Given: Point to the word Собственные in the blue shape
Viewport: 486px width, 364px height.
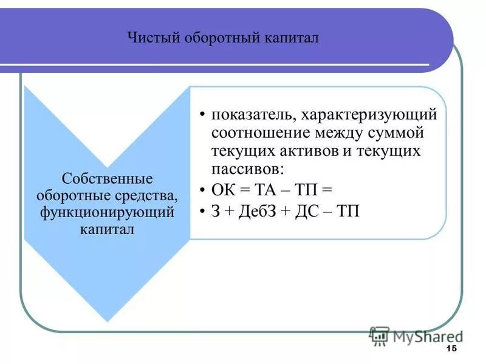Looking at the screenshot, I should click(106, 180).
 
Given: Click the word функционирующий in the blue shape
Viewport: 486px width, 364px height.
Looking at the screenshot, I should click(107, 213).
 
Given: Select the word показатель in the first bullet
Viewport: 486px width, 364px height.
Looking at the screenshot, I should click(249, 114).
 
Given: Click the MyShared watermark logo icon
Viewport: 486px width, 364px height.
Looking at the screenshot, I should click(379, 335).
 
